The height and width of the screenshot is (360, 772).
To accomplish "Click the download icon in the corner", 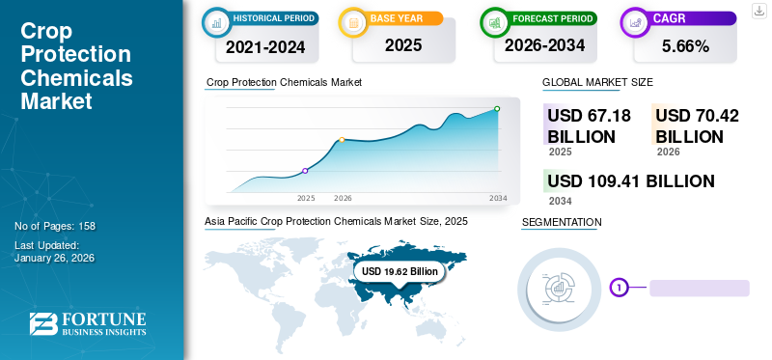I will pyautogui.click(x=758, y=12).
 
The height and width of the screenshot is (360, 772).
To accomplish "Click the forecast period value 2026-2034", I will pyautogui.click(x=545, y=45).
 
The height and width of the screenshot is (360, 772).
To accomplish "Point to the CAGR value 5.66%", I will pyautogui.click(x=685, y=45).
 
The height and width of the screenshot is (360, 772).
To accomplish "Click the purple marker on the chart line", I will pyautogui.click(x=305, y=171).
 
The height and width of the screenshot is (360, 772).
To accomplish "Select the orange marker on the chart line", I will pyautogui.click(x=342, y=140).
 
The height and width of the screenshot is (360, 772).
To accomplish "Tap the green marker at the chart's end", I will pyautogui.click(x=497, y=109).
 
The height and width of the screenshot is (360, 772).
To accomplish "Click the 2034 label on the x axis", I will pyautogui.click(x=498, y=198).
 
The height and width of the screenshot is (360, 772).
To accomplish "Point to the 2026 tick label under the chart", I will pyautogui.click(x=343, y=198).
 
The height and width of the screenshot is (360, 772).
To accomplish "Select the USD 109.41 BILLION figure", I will pyautogui.click(x=630, y=181).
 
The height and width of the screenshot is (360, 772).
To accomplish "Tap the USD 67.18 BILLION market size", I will pyautogui.click(x=589, y=125).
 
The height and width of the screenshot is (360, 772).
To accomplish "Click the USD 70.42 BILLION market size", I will pyautogui.click(x=697, y=125).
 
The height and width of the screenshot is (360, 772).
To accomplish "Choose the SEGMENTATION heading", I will pyautogui.click(x=561, y=223).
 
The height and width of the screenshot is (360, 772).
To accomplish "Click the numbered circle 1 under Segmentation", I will pyautogui.click(x=619, y=287).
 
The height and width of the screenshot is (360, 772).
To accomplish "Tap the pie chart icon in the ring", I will pyautogui.click(x=560, y=287).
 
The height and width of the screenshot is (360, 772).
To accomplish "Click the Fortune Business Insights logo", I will pyautogui.click(x=87, y=324).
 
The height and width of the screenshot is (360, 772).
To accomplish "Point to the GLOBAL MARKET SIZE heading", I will pyautogui.click(x=597, y=83).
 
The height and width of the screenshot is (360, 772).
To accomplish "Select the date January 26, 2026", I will pyautogui.click(x=54, y=258).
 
